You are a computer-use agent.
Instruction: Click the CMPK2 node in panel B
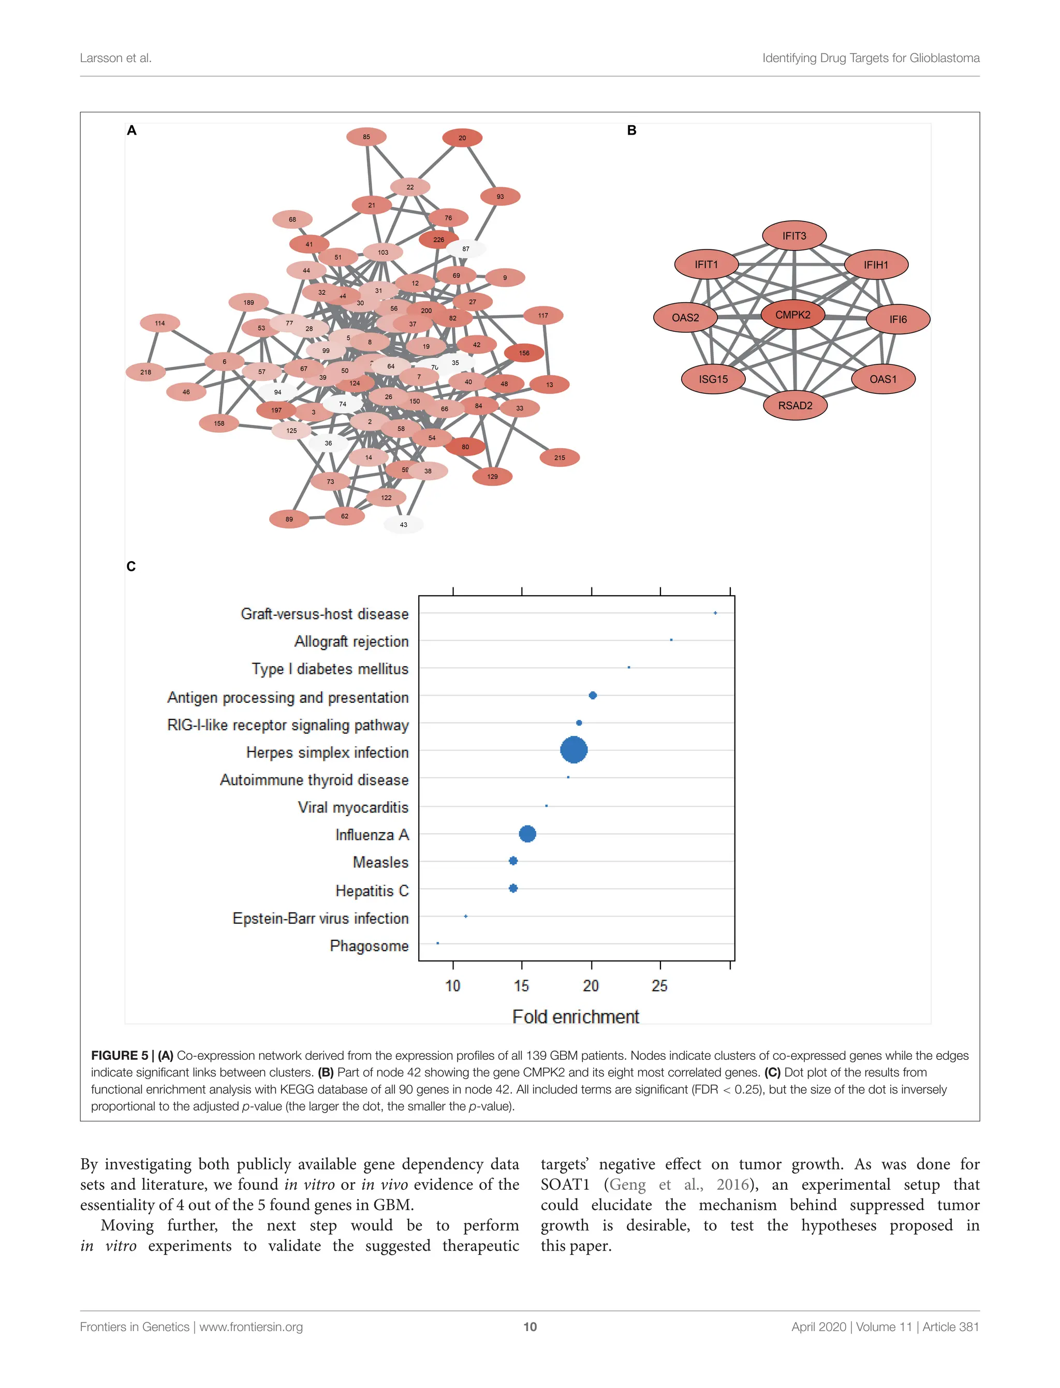792,315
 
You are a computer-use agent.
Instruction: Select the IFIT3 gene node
794,236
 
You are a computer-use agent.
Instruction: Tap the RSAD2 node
795,406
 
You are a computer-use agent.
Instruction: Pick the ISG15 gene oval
713,379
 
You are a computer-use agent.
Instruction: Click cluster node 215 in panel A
560,457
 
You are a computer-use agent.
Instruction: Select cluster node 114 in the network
159,323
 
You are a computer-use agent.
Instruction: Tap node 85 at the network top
366,137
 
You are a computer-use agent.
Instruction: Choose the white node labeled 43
404,524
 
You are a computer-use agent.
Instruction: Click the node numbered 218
146,372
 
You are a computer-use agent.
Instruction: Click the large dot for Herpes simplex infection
573,749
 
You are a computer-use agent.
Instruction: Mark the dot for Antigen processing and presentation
593,695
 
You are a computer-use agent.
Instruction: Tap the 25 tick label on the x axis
659,985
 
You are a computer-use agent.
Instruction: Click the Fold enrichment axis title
576,1017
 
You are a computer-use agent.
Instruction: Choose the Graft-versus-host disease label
325,614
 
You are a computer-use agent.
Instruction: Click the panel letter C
131,567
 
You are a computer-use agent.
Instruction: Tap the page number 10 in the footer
530,1327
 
